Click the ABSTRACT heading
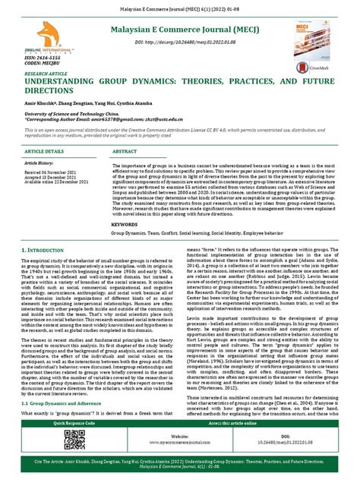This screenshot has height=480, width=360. [125, 152]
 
